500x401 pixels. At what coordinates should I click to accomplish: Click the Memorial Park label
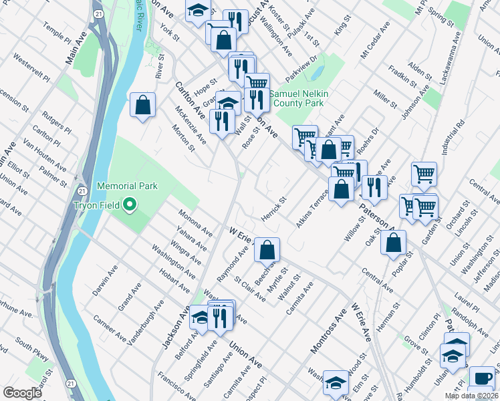[x=127, y=186]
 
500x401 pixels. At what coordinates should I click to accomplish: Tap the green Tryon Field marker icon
[x=130, y=204]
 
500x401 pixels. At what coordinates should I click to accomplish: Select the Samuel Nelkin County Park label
[x=297, y=99]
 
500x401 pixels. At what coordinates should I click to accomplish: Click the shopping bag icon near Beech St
[x=267, y=251]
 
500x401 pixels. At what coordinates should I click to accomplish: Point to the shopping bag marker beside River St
[x=142, y=105]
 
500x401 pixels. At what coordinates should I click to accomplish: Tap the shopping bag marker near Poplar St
[x=393, y=243]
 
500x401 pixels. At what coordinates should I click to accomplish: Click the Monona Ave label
[x=195, y=223]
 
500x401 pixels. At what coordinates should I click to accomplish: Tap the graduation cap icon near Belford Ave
[x=200, y=318]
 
